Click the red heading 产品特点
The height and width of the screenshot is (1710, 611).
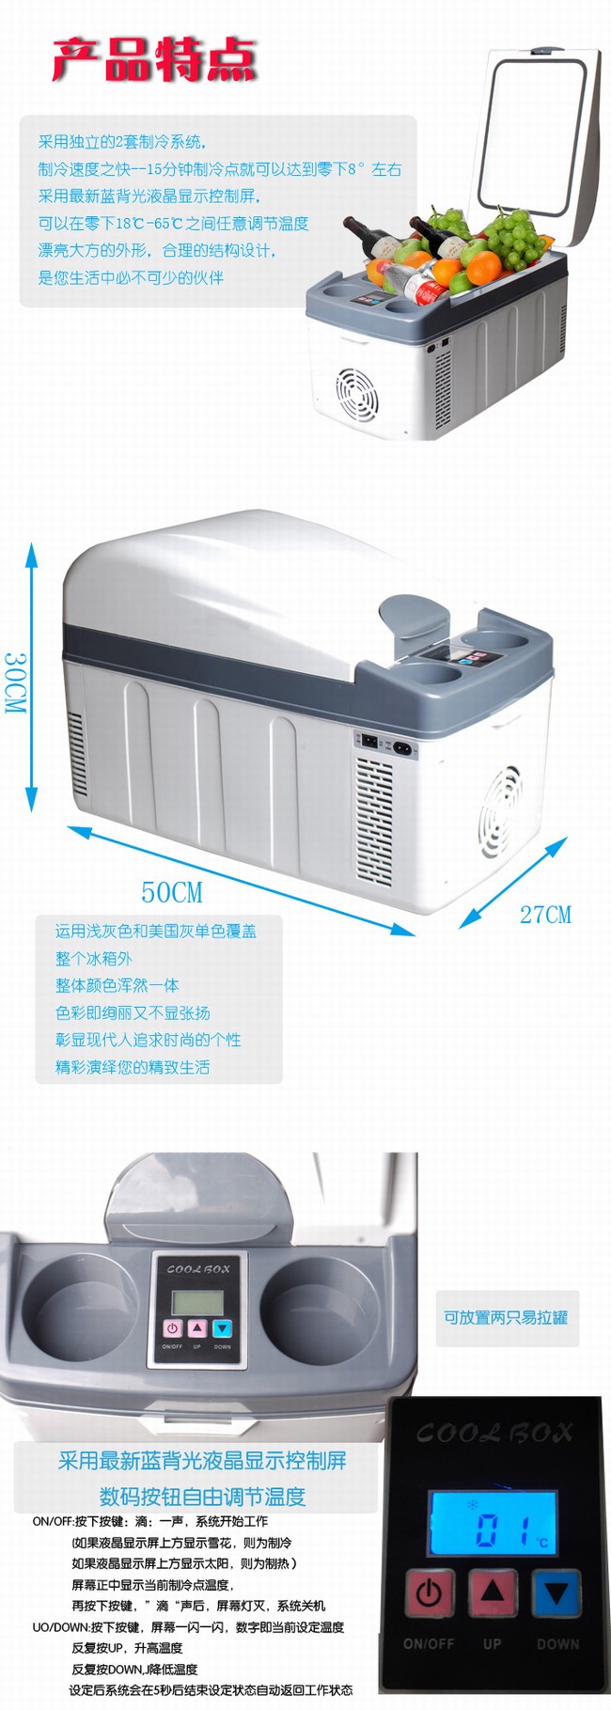(154, 59)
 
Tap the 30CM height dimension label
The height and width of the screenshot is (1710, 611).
(15, 682)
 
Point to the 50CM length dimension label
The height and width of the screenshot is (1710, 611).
(172, 892)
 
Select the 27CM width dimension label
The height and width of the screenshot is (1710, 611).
(545, 915)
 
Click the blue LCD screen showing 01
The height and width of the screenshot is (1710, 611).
(493, 1523)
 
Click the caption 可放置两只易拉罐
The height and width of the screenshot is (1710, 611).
(506, 1317)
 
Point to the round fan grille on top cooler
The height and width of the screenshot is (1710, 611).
(357, 393)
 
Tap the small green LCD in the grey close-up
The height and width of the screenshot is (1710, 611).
(196, 1302)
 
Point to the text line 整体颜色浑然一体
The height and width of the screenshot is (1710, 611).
(117, 985)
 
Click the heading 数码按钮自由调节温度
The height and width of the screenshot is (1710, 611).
(203, 1496)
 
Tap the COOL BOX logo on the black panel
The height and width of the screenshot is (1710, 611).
(493, 1433)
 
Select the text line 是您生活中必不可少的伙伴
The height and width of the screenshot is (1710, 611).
(131, 277)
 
